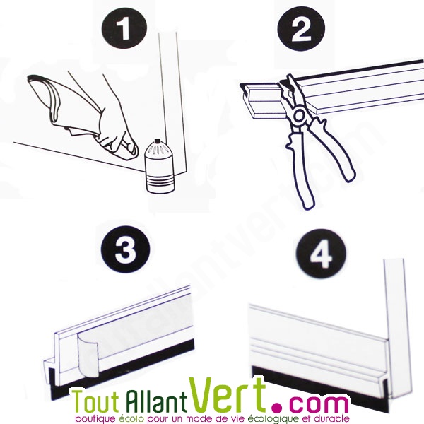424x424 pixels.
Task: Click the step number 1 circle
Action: tap(124, 28)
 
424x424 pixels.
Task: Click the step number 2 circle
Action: tap(301, 29)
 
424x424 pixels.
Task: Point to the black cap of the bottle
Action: tap(156, 142)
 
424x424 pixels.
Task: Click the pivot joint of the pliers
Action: tap(299, 116)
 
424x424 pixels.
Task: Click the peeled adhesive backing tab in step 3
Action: tap(87, 354)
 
